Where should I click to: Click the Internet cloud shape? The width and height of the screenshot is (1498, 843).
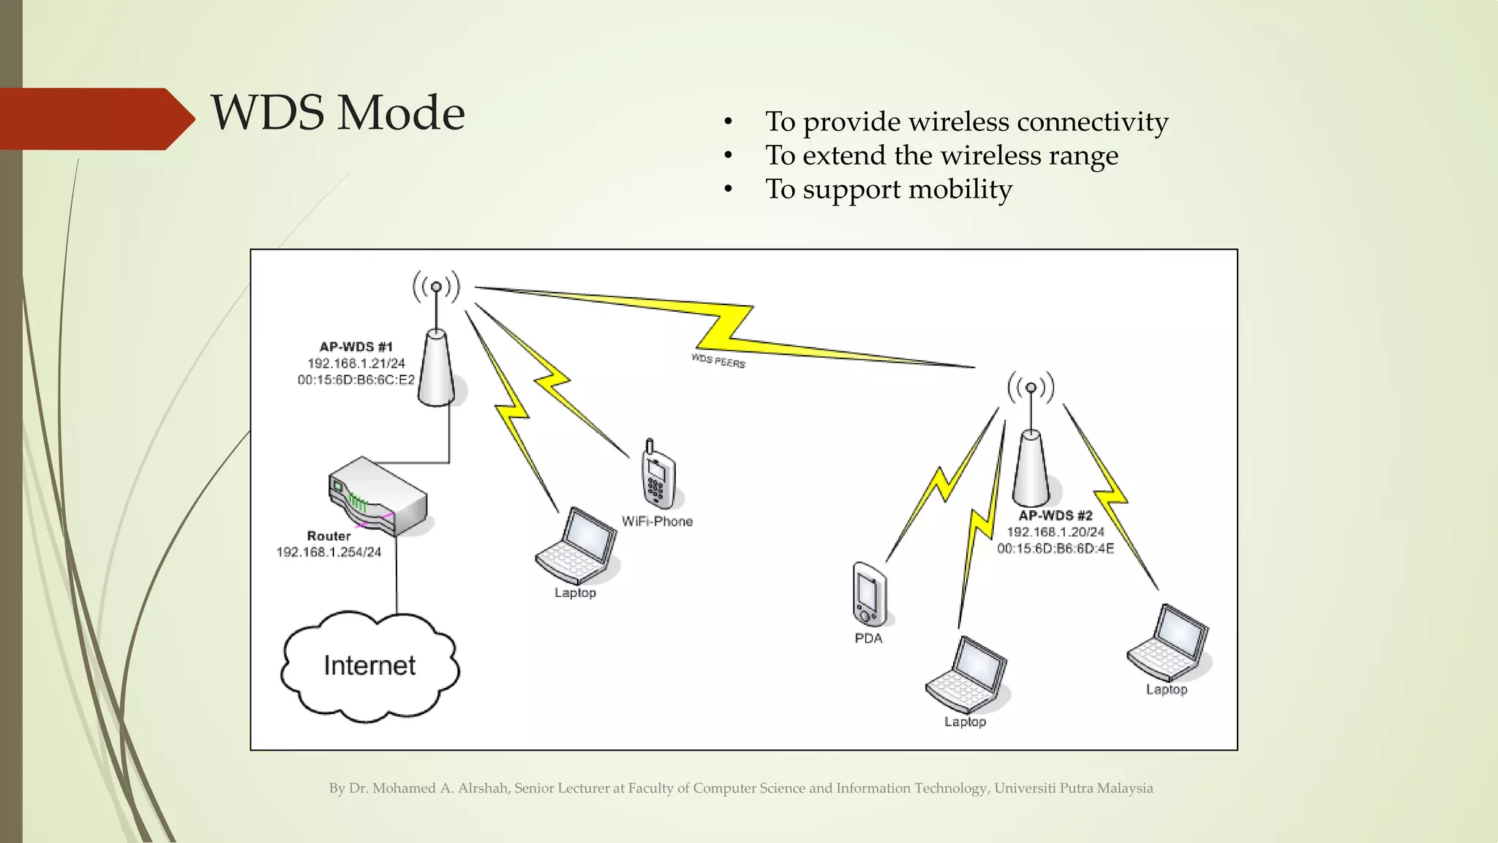click(369, 666)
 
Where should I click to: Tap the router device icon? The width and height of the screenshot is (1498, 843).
click(377, 496)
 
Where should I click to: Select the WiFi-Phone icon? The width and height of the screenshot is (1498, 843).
click(658, 476)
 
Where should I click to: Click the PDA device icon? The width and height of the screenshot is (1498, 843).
click(870, 593)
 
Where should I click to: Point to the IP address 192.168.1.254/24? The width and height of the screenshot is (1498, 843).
click(328, 552)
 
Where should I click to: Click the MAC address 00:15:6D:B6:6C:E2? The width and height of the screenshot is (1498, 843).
click(355, 380)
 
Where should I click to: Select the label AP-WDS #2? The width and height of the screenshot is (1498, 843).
click(1055, 515)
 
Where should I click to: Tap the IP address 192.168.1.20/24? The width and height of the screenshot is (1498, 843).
click(1055, 532)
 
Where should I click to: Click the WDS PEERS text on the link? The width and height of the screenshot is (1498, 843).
click(718, 361)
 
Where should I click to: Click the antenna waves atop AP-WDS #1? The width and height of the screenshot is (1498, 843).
click(437, 286)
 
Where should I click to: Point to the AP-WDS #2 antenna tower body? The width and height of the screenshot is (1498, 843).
click(1031, 468)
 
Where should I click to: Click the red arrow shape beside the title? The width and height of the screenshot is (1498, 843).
click(95, 119)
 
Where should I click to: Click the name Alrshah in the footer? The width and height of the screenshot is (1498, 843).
click(483, 788)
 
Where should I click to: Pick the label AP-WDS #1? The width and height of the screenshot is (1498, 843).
click(355, 347)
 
